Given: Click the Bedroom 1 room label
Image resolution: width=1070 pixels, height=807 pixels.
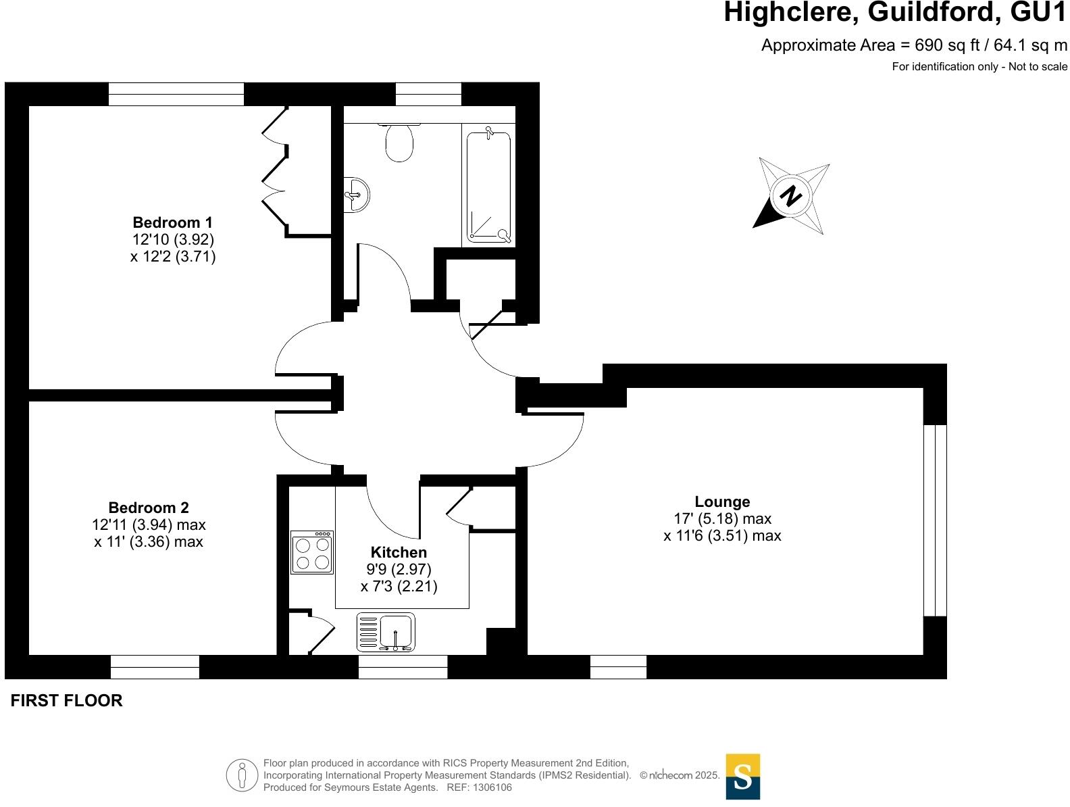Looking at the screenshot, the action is point(172,222).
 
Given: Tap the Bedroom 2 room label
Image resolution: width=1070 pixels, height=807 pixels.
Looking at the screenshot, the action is point(149,508).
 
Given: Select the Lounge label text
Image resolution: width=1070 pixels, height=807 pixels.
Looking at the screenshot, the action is point(722,502).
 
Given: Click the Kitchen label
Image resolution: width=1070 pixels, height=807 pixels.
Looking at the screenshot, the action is point(399,552).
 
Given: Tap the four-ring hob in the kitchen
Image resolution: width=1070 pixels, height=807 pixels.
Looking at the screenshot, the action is point(312,553).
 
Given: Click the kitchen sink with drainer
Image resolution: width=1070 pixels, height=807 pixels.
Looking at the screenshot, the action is point(386,633).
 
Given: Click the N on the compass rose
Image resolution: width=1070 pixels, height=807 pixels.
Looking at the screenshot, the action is point(790,196).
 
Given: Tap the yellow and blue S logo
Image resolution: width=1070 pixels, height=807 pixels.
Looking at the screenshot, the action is point(742,777).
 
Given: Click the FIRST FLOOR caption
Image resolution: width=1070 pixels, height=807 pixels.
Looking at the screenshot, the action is point(67,701).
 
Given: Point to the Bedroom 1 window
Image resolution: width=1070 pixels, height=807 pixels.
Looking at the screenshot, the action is point(176,94).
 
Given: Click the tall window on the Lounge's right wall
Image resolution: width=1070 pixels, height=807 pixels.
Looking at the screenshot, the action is point(935,520).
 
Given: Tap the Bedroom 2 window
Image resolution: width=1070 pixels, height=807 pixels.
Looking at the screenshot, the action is point(155,667).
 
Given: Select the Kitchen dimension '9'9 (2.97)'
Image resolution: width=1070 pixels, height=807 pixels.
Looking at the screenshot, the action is point(399,569).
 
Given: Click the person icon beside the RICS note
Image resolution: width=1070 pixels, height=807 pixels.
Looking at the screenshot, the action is point(241,775).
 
